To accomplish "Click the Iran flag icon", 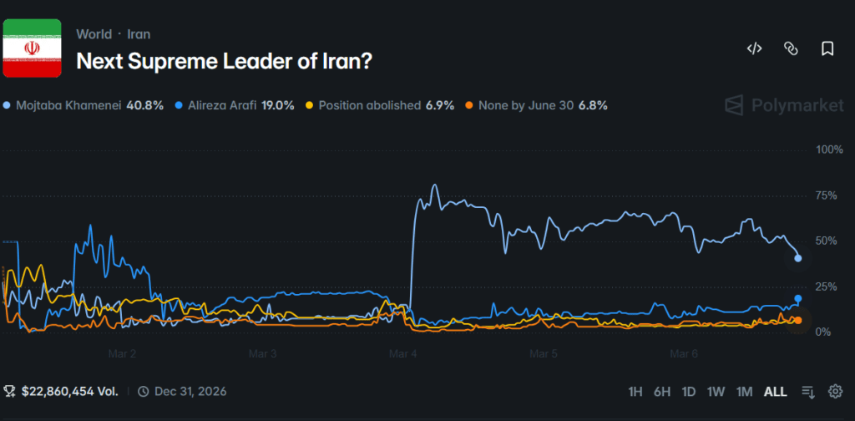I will (33, 48).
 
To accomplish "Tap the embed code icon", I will (754, 48).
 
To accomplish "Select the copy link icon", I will (791, 48).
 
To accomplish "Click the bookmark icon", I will (827, 48).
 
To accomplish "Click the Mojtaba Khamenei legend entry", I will (83, 106).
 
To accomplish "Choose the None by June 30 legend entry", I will (535, 106).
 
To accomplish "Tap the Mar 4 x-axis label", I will (403, 353).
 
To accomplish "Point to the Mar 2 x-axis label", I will (122, 353).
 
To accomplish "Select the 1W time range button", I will (716, 391).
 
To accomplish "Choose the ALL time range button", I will (775, 391).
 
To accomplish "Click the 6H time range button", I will (662, 391).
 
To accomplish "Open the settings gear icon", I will (835, 391).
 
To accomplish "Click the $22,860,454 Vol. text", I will (62, 391).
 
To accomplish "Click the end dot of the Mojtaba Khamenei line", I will (798, 258).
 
